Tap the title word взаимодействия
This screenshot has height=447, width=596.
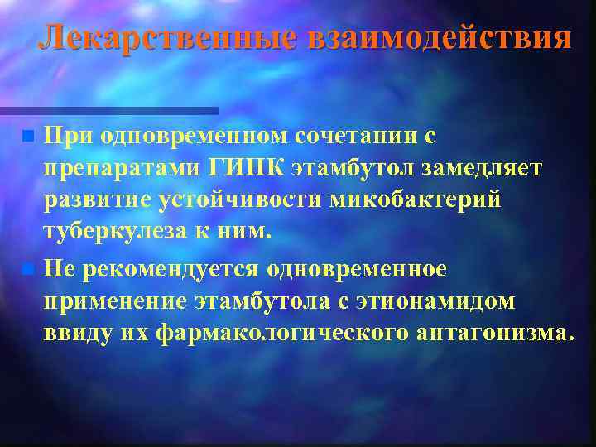440,37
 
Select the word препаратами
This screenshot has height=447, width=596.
121,168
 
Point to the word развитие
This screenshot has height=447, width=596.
92,201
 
